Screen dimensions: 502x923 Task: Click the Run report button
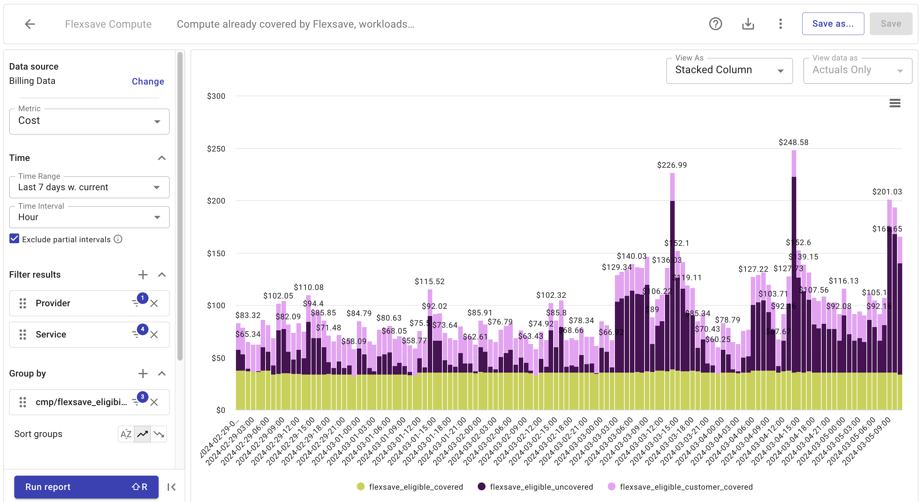tap(86, 487)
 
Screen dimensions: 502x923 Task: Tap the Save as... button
tap(832, 24)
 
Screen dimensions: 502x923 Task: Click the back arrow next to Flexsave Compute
tap(30, 24)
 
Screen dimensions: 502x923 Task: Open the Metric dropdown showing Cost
tap(89, 121)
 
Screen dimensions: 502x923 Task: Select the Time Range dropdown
tap(89, 187)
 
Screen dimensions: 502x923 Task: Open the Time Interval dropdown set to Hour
tap(89, 217)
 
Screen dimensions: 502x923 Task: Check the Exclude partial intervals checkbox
tap(14, 239)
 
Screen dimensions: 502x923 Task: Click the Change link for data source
tap(148, 81)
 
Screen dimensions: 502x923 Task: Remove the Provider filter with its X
tap(154, 303)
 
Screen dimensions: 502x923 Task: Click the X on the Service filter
tap(154, 335)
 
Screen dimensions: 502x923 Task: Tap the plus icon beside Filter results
tap(143, 275)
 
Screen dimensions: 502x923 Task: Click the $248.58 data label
tap(793, 142)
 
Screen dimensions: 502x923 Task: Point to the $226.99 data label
tap(672, 165)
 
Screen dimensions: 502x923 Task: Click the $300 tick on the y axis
tap(216, 96)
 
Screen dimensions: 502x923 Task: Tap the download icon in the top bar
tap(748, 24)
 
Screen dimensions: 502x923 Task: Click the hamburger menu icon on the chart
tap(895, 103)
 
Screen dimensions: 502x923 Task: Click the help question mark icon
tap(715, 24)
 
